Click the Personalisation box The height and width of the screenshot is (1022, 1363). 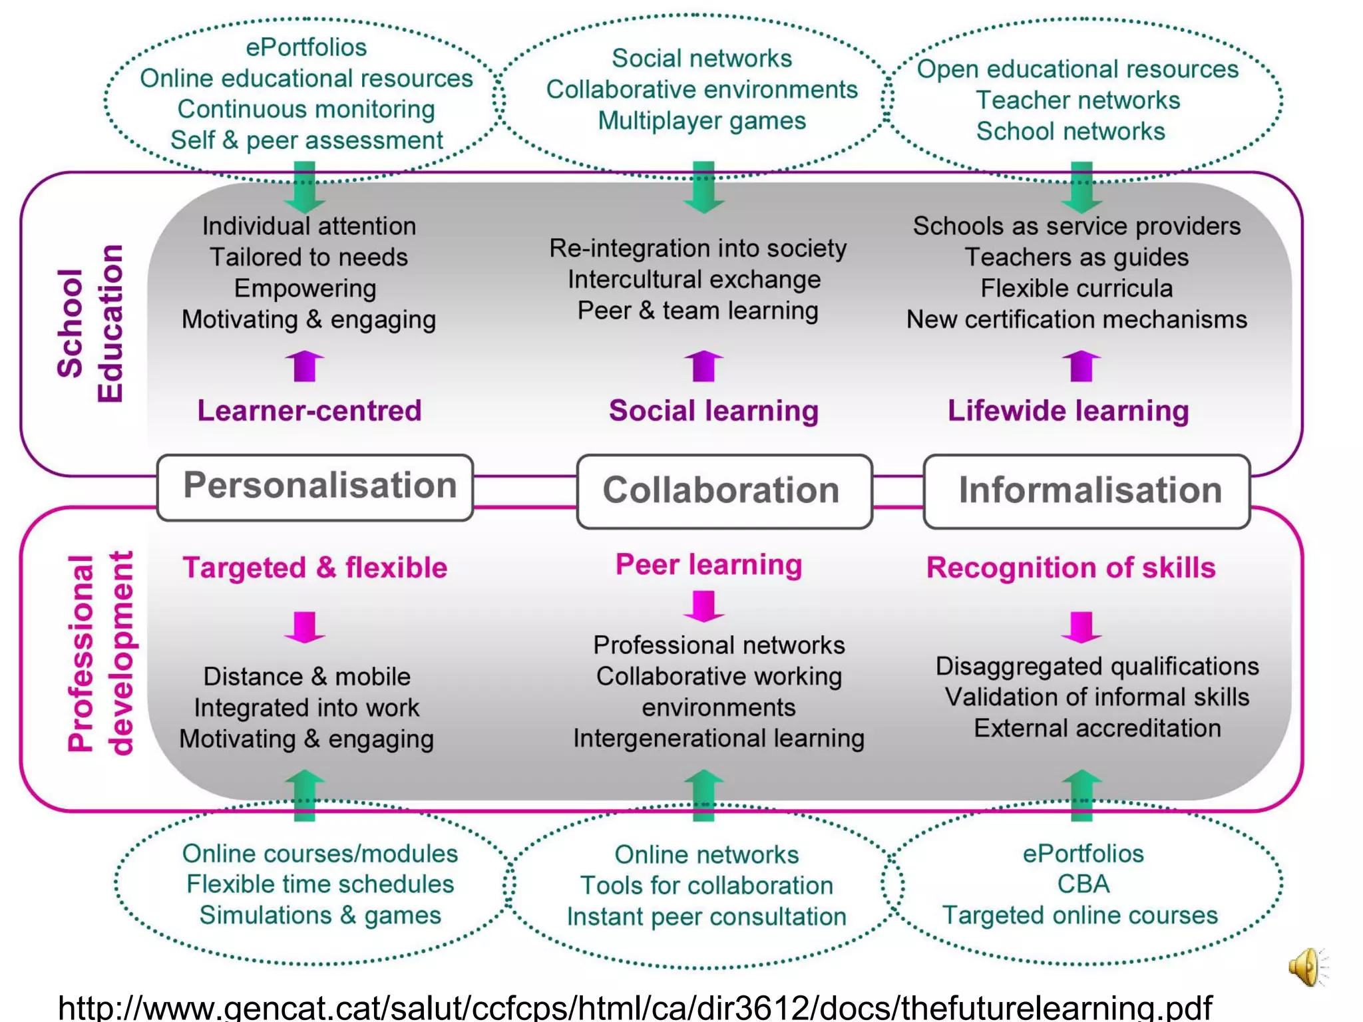315,487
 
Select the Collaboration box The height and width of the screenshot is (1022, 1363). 724,491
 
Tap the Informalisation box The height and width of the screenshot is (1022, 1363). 1086,491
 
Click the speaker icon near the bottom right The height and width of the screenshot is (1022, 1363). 1306,966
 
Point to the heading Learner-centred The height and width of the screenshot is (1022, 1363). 309,411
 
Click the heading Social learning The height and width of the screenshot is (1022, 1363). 713,411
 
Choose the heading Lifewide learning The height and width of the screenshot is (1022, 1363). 1068,411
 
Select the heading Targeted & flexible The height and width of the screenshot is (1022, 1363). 315,568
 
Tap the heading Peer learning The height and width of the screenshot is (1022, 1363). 709,564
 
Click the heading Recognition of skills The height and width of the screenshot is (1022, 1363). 1071,568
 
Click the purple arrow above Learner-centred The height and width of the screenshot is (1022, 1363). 305,366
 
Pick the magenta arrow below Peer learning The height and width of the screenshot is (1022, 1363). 703,605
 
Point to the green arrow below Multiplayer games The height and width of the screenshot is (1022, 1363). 703,186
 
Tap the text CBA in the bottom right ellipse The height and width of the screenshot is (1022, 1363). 1083,884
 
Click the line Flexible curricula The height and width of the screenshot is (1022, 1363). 1076,288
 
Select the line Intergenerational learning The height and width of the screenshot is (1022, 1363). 719,738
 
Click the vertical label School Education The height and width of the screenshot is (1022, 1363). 90,323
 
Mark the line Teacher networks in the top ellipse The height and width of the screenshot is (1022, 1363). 1077,100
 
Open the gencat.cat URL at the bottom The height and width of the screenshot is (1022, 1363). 636,1006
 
